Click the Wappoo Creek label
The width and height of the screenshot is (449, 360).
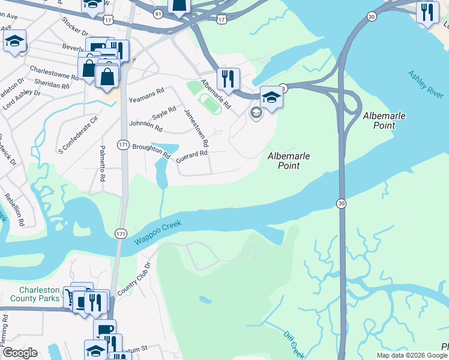(158, 231)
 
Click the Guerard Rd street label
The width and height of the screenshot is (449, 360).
(191, 155)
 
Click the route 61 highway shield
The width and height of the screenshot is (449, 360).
(158, 13)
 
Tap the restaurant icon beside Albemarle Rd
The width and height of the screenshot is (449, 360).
(228, 79)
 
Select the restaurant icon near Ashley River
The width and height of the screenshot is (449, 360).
(427, 13)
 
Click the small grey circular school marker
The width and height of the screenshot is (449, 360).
(256, 113)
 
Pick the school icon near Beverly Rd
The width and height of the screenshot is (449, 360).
(14, 42)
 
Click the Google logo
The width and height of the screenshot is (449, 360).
(20, 353)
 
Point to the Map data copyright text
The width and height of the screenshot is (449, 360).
(411, 355)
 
